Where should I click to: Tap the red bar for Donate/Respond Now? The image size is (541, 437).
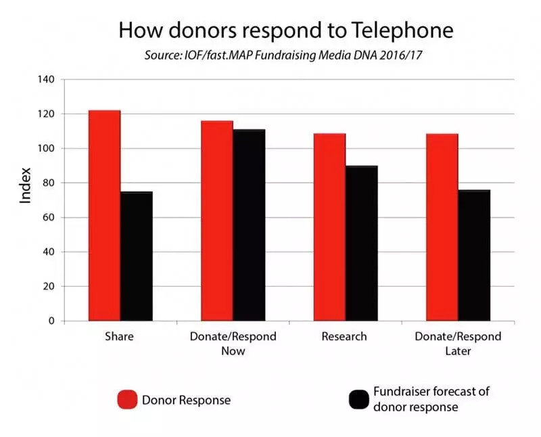pos(216,221)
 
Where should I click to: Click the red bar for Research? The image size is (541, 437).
pos(329,227)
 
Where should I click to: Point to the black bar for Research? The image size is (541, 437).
pos(361,243)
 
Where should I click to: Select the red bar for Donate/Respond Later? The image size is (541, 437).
pos(442,227)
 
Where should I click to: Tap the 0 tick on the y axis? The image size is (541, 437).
pos(51,321)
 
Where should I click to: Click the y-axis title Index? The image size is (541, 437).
pos(25,185)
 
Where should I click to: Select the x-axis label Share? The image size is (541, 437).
pos(119,336)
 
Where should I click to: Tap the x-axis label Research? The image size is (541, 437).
pos(345,336)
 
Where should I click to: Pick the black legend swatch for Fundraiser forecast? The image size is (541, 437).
pos(358,400)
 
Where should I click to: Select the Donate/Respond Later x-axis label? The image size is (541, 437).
pos(458,344)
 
